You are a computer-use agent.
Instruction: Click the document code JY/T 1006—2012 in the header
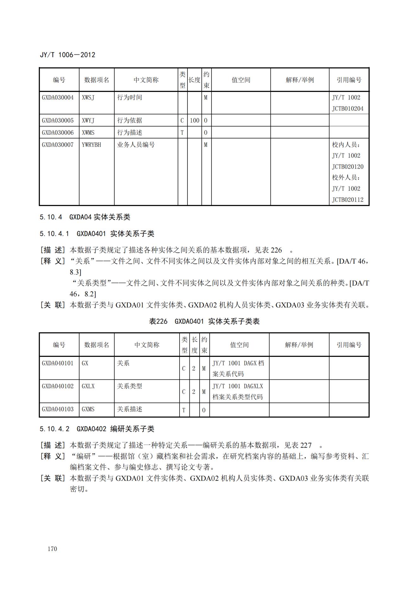[x=67, y=55]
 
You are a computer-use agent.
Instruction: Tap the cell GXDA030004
[x=58, y=98]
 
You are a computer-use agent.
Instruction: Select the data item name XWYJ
[x=88, y=120]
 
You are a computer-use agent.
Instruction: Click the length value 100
[x=194, y=120]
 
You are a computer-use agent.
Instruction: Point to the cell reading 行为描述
[x=130, y=132]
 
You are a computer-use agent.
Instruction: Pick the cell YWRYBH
[x=91, y=145]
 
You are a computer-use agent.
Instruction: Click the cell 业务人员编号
[x=136, y=145]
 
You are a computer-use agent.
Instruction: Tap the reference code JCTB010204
[x=347, y=109]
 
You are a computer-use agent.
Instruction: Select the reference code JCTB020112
[x=347, y=200]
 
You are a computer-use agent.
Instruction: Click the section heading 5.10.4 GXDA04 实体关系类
[x=85, y=217]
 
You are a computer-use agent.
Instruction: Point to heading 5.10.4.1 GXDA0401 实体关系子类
[x=97, y=234]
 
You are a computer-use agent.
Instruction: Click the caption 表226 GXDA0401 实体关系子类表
[x=204, y=321]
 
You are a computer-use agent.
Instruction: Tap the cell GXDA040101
[x=58, y=363]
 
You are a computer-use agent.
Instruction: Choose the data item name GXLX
[x=88, y=386]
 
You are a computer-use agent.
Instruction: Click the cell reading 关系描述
[x=130, y=409]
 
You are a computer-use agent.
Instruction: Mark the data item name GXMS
[x=88, y=409]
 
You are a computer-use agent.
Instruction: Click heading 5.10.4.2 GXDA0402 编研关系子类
[x=97, y=429]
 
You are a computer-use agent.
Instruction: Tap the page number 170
[x=52, y=549]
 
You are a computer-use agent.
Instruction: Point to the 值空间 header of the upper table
[x=241, y=80]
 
